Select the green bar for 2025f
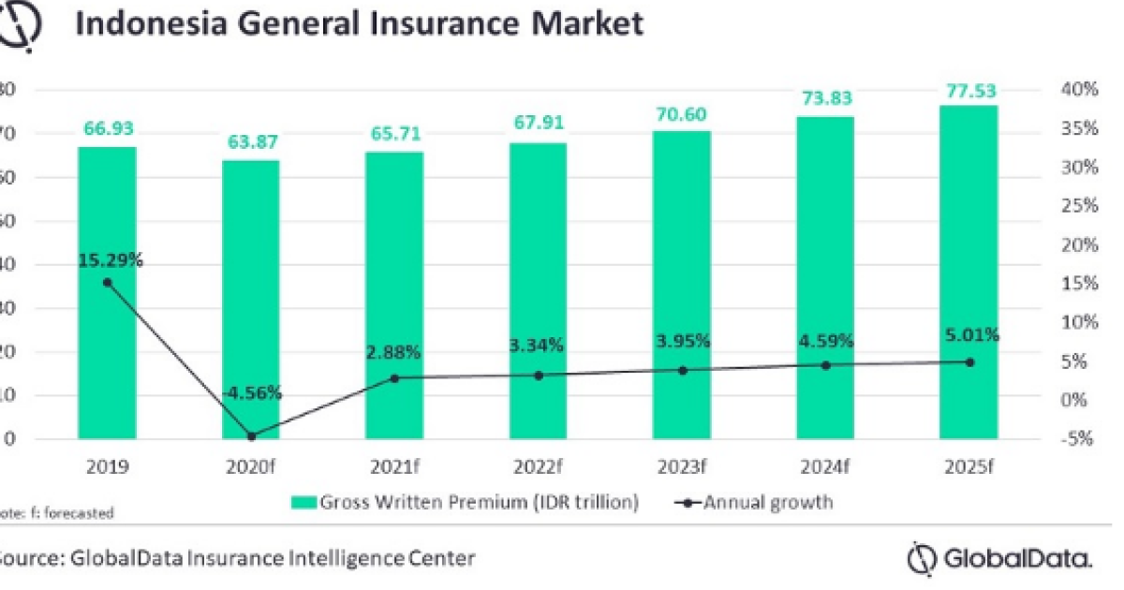(969, 272)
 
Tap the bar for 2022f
(538, 290)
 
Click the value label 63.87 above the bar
(250, 143)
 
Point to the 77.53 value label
(969, 91)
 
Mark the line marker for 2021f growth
(394, 378)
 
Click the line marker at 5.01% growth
(969, 362)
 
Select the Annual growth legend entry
(753, 503)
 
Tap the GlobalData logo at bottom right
(999, 559)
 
